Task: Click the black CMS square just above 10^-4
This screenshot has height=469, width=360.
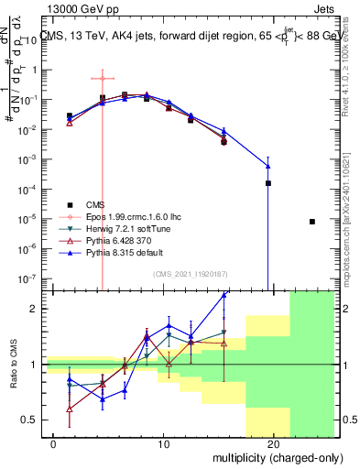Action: pos(268,183)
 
